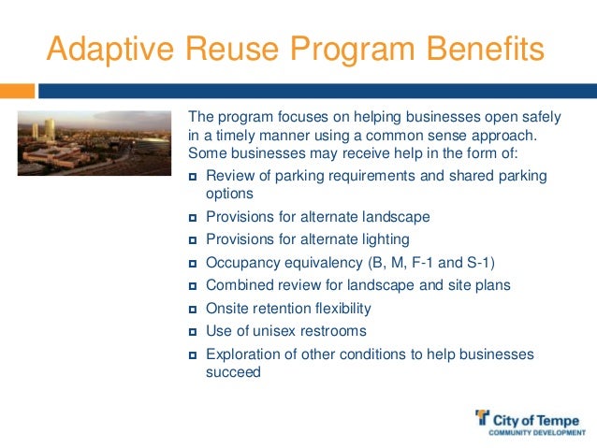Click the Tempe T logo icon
(x=482, y=418)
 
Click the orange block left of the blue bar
(x=18, y=92)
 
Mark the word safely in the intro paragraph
(x=540, y=117)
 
